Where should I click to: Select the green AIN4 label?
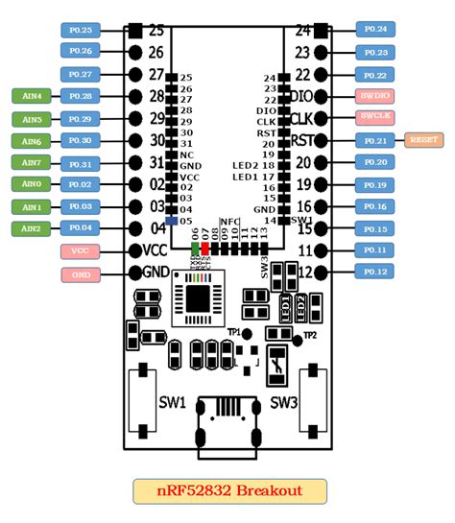point(32,96)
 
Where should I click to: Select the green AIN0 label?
point(32,184)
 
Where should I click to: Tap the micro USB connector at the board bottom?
point(228,423)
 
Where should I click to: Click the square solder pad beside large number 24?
point(321,31)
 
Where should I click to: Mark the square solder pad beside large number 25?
point(135,31)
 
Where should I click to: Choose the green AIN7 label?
point(32,162)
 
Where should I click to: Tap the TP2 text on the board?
point(309,335)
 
